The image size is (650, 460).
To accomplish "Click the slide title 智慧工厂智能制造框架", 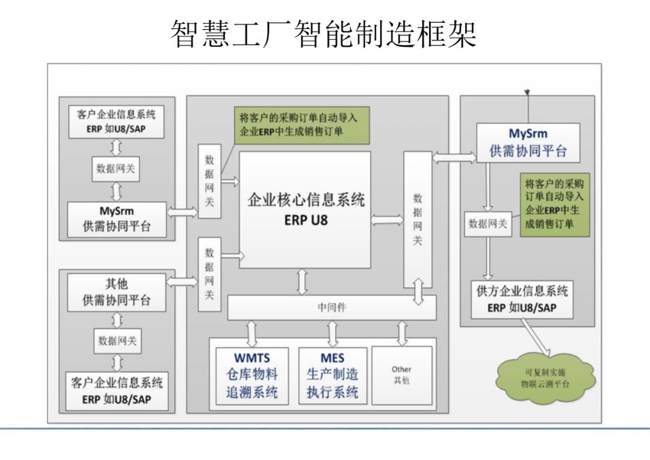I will [324, 33].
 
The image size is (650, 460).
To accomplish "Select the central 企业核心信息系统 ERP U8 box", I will [305, 210].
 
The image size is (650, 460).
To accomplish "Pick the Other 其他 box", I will [401, 375].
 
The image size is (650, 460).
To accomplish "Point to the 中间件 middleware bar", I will [332, 308].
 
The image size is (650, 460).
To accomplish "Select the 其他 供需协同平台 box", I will [116, 293].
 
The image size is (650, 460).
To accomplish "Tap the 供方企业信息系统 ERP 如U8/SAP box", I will [522, 299].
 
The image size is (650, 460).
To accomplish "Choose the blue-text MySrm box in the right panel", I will [528, 143].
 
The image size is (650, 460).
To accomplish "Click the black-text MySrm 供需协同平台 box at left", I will [116, 220].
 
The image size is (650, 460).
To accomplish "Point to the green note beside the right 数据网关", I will [554, 205].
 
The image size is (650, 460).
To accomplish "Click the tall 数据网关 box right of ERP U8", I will [418, 219].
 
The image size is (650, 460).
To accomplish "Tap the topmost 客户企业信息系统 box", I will [116, 122].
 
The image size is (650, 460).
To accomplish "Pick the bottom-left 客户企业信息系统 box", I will [116, 391].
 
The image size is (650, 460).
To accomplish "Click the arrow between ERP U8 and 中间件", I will [302, 281].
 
